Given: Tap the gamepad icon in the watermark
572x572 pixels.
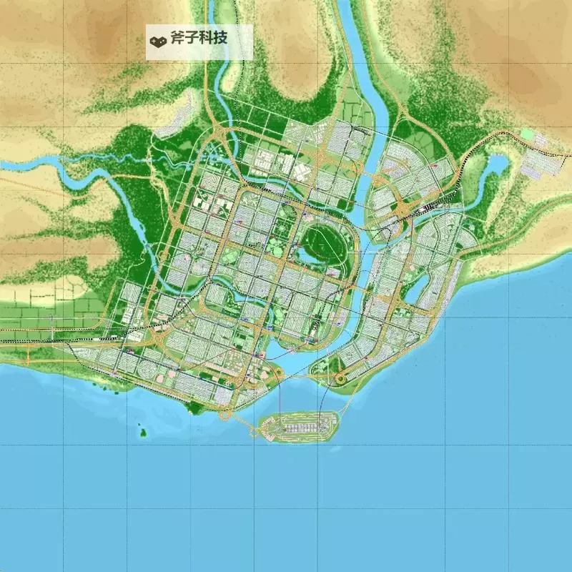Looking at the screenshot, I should coord(157,39).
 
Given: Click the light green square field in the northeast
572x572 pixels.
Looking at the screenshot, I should coord(528,134).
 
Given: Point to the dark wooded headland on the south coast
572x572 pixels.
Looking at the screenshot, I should coord(194,408).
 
